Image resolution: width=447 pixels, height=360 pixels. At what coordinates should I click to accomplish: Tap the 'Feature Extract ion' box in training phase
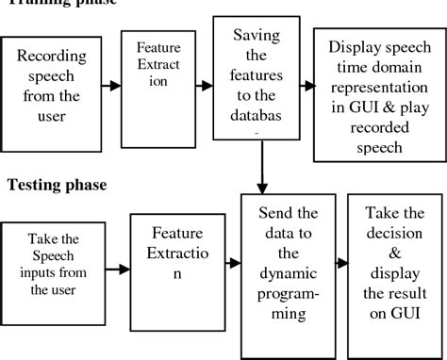click(153, 84)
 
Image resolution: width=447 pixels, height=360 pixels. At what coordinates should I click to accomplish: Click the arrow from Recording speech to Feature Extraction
click(110, 86)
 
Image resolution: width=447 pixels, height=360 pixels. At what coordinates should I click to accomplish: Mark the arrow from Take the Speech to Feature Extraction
click(116, 270)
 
